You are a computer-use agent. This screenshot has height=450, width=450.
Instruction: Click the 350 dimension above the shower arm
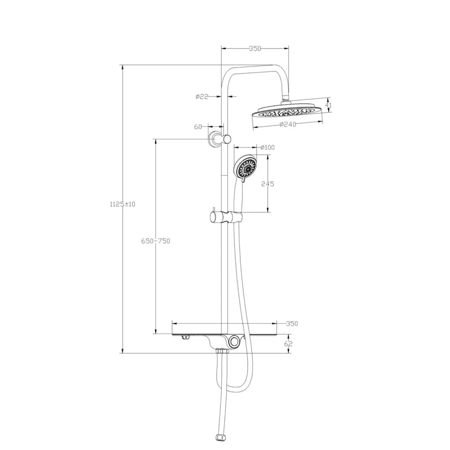(x=255, y=48)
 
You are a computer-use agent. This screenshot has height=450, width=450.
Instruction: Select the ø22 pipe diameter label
(x=202, y=97)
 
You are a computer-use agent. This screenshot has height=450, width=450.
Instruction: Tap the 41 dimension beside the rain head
(x=328, y=105)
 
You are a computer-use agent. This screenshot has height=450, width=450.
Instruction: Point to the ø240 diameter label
(x=287, y=124)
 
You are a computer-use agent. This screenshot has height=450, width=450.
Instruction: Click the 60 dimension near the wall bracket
(x=198, y=126)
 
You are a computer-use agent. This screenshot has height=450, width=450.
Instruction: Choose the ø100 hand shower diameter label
(x=267, y=147)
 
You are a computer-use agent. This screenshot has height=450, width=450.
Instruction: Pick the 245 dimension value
(x=267, y=183)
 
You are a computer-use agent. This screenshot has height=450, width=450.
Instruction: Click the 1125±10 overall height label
(x=123, y=204)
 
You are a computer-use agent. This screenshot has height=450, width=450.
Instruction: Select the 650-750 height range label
(x=156, y=241)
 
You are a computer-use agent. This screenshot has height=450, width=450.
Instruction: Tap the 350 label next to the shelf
(x=292, y=324)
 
